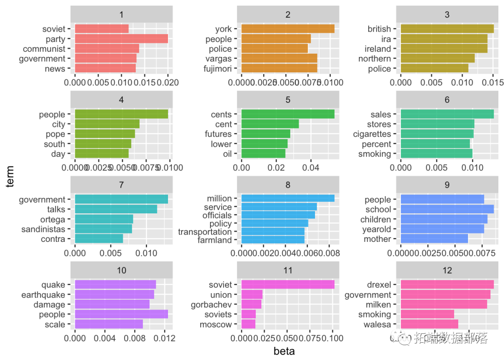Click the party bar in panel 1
121,39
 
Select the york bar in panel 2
288,29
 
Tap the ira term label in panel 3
385,39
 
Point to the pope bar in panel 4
105,134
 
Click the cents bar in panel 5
288,114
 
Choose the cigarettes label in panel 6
372,134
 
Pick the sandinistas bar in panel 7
104,229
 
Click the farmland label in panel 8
215,240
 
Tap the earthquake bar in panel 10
114,295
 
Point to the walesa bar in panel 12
429,325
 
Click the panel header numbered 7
121,185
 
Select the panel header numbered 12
447,270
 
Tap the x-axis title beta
284,351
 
